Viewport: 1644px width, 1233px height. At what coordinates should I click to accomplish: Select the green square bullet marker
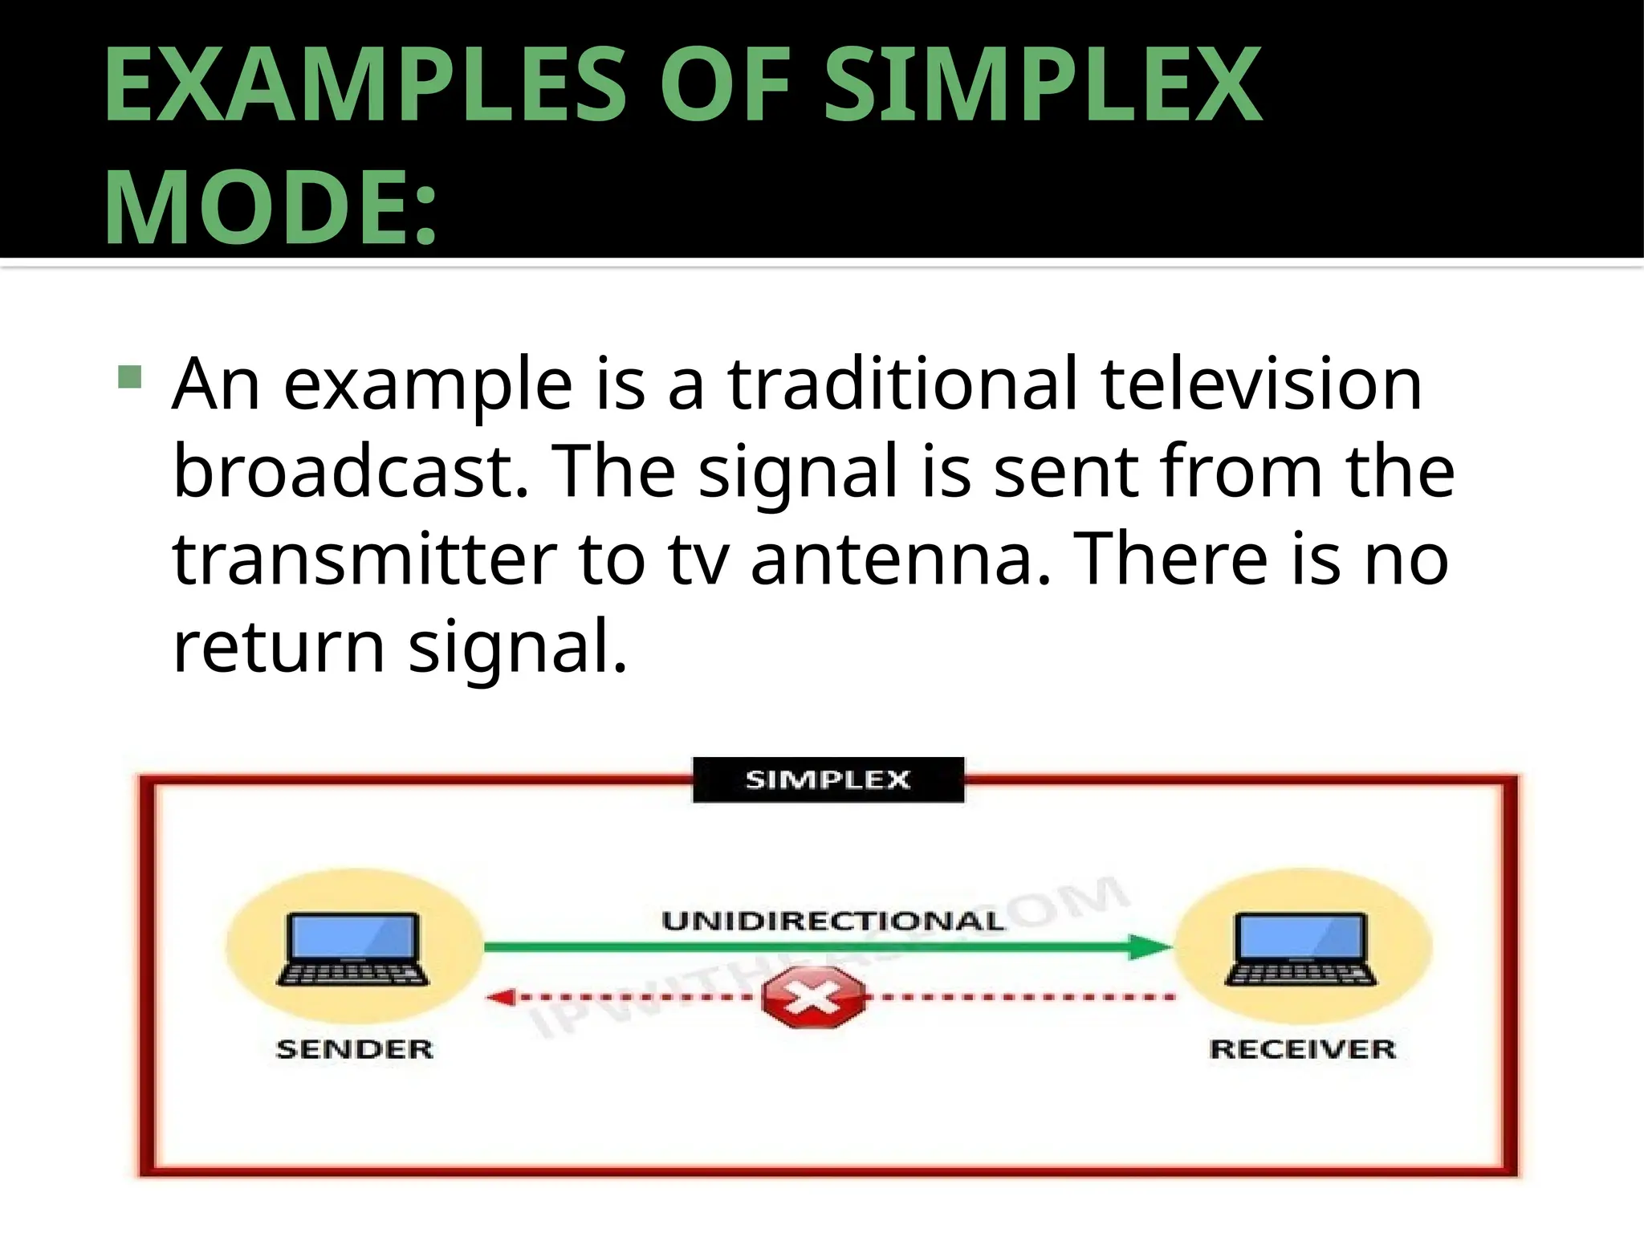[129, 376]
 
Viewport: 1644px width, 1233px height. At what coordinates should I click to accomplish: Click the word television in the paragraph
[1261, 384]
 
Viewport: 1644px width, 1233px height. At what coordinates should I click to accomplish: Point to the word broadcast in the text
[351, 471]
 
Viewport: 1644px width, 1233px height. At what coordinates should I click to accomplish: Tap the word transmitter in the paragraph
[364, 559]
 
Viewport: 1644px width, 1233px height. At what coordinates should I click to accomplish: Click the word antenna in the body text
[899, 559]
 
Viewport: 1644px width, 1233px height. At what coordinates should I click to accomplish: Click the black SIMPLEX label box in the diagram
[828, 779]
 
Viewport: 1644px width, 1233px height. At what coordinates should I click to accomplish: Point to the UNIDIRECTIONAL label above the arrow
[832, 921]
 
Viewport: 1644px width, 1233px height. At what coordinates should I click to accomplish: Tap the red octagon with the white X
[814, 998]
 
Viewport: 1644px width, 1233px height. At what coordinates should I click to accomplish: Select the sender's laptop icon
[353, 949]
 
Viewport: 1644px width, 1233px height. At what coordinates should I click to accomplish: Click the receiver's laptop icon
[1301, 949]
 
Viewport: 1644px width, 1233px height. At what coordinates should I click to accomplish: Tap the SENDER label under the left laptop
[354, 1049]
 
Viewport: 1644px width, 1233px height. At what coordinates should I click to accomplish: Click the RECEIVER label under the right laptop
[1302, 1049]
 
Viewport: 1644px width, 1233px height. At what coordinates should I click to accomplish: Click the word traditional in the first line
[902, 384]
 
